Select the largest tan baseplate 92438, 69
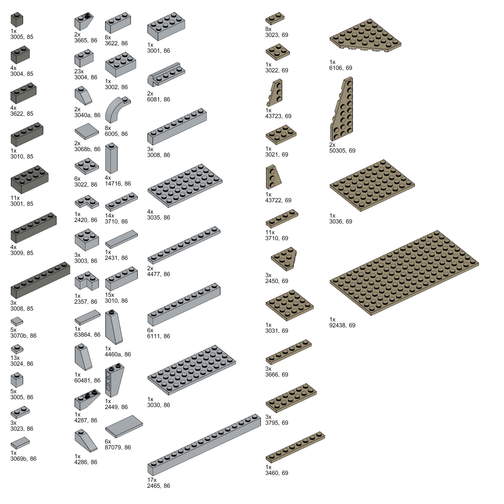point(404,273)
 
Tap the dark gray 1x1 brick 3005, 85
point(17,20)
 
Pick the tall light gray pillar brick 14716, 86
point(111,158)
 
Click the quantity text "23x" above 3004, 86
point(79,71)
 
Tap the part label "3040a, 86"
point(87,115)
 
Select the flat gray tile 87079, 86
point(124,426)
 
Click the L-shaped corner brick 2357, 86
point(87,281)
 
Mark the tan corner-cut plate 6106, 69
point(365,35)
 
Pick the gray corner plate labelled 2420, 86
point(87,202)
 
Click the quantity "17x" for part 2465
point(152,480)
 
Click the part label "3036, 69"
point(340,221)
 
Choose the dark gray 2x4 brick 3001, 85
point(30,179)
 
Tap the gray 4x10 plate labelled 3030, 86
point(192,370)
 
